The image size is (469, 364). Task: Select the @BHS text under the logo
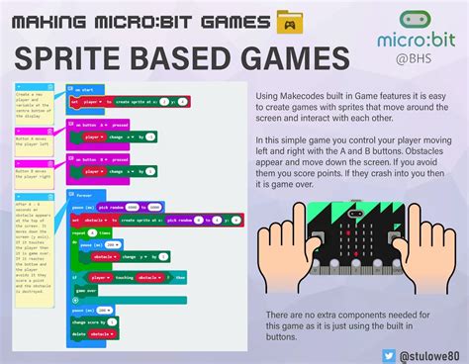414,58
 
